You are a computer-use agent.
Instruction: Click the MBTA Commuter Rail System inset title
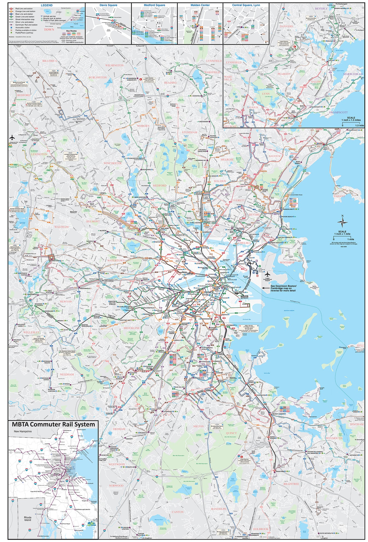[53, 424]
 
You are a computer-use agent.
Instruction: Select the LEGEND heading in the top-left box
[46, 5]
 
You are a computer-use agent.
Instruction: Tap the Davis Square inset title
[108, 5]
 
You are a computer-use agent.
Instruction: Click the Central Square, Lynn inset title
[246, 5]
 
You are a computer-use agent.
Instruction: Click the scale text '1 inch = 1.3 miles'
[351, 120]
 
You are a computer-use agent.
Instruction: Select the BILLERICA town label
[49, 61]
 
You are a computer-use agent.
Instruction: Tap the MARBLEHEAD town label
[353, 74]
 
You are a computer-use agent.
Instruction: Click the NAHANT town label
[339, 196]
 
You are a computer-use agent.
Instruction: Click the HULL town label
[360, 345]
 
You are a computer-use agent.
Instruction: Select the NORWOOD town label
[116, 486]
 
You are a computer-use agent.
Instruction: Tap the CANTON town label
[177, 512]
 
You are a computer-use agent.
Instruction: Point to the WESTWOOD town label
[116, 464]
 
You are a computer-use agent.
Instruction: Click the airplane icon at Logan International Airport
[267, 274]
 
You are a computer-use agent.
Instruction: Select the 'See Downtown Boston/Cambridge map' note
[283, 288]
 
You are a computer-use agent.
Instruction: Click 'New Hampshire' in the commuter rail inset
[23, 431]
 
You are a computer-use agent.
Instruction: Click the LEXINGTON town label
[39, 154]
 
